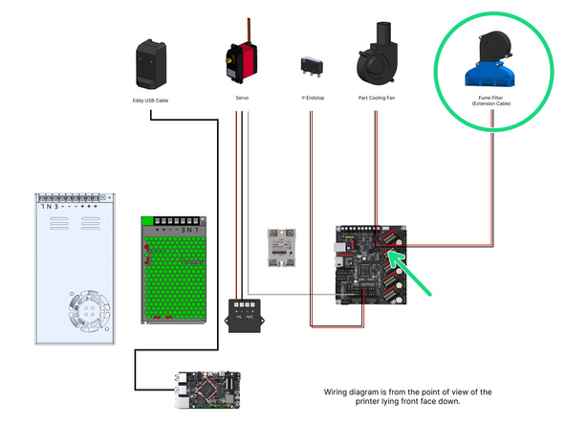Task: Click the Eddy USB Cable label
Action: [x=151, y=99]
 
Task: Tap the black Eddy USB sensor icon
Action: [x=151, y=62]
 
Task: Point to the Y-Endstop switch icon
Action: [x=309, y=66]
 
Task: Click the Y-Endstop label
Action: [x=309, y=99]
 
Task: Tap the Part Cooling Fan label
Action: [x=376, y=99]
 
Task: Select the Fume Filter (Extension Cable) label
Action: [x=491, y=101]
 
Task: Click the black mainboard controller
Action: [x=368, y=265]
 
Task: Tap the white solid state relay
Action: [x=282, y=248]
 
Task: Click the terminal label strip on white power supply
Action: [x=73, y=205]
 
